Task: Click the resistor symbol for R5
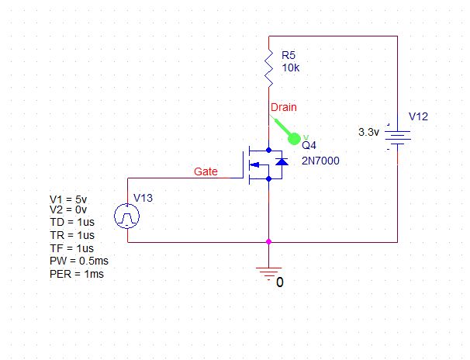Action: point(268,69)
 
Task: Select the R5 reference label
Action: point(288,56)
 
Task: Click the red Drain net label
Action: point(282,106)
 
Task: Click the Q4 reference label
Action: point(309,145)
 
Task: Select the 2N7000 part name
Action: point(321,161)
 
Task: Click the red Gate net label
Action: point(206,171)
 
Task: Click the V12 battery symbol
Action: point(397,137)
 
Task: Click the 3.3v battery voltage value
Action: point(368,133)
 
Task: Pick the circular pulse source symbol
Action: point(127,216)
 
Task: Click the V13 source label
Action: point(143,198)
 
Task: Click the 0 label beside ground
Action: point(280,282)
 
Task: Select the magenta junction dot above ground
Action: point(268,242)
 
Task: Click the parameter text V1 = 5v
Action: point(67,197)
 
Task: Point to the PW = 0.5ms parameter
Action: point(75,262)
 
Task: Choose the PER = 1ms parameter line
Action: point(76,275)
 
